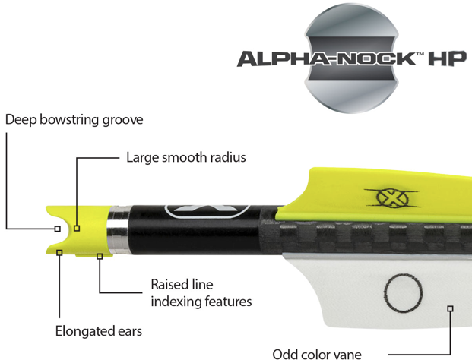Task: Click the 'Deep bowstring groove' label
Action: (x=74, y=120)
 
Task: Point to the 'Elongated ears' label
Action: (x=98, y=331)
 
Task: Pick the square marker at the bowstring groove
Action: (x=58, y=227)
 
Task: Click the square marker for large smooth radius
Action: (x=77, y=227)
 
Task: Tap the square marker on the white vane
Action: (x=450, y=308)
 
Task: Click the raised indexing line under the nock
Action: (x=99, y=256)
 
